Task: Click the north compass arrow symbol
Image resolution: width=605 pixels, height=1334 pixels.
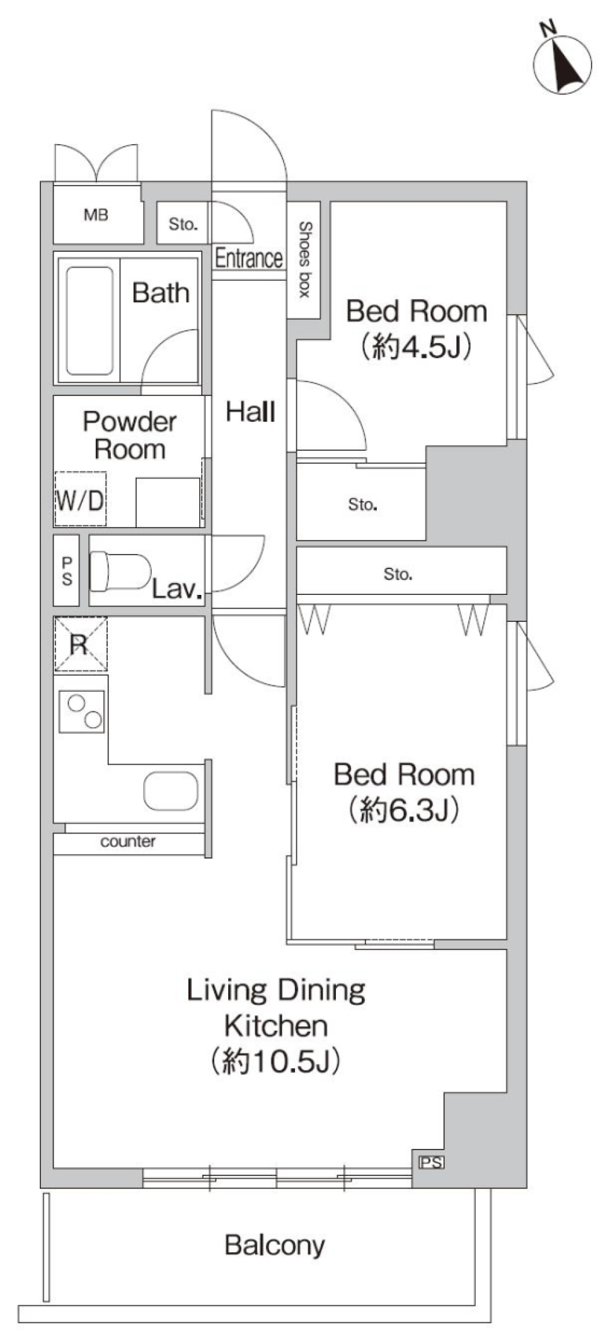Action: [x=563, y=63]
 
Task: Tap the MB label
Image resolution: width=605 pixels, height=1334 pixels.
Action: [x=96, y=215]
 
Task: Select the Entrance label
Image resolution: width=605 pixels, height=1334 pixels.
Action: [x=248, y=258]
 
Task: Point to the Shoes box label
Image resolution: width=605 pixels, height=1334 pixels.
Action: [x=305, y=259]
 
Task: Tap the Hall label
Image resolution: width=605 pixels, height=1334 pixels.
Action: [x=250, y=412]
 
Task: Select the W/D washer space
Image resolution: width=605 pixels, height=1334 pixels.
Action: [x=80, y=500]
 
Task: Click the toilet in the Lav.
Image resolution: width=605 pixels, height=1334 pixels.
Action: [x=120, y=571]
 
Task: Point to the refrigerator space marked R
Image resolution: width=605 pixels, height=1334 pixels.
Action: [x=80, y=644]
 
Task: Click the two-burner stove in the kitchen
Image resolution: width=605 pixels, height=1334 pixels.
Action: [x=82, y=711]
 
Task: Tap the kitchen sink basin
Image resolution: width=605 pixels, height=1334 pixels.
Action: [x=171, y=791]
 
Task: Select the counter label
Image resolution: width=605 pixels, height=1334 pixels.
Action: [x=128, y=842]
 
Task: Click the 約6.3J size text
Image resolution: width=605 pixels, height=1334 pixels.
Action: [x=403, y=810]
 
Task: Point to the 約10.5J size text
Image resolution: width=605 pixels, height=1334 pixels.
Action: [x=275, y=1061]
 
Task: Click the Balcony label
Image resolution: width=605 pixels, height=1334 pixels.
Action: [x=275, y=1245]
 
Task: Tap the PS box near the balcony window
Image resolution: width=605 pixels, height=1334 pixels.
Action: [x=431, y=1162]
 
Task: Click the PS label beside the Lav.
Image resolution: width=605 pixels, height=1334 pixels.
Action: [x=67, y=570]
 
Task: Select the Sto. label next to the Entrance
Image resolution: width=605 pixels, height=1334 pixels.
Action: [x=183, y=224]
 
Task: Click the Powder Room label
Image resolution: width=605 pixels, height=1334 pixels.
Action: [x=129, y=435]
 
